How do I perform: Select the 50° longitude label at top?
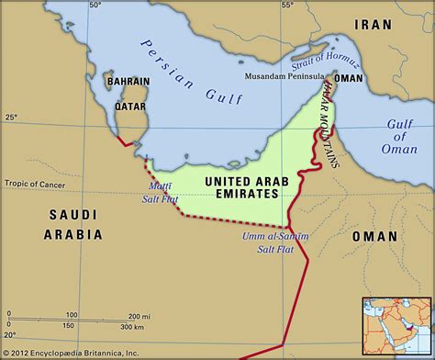point(95,6)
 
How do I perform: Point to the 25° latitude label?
point(10,118)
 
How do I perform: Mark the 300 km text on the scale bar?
point(132,326)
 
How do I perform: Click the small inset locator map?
point(396,325)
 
